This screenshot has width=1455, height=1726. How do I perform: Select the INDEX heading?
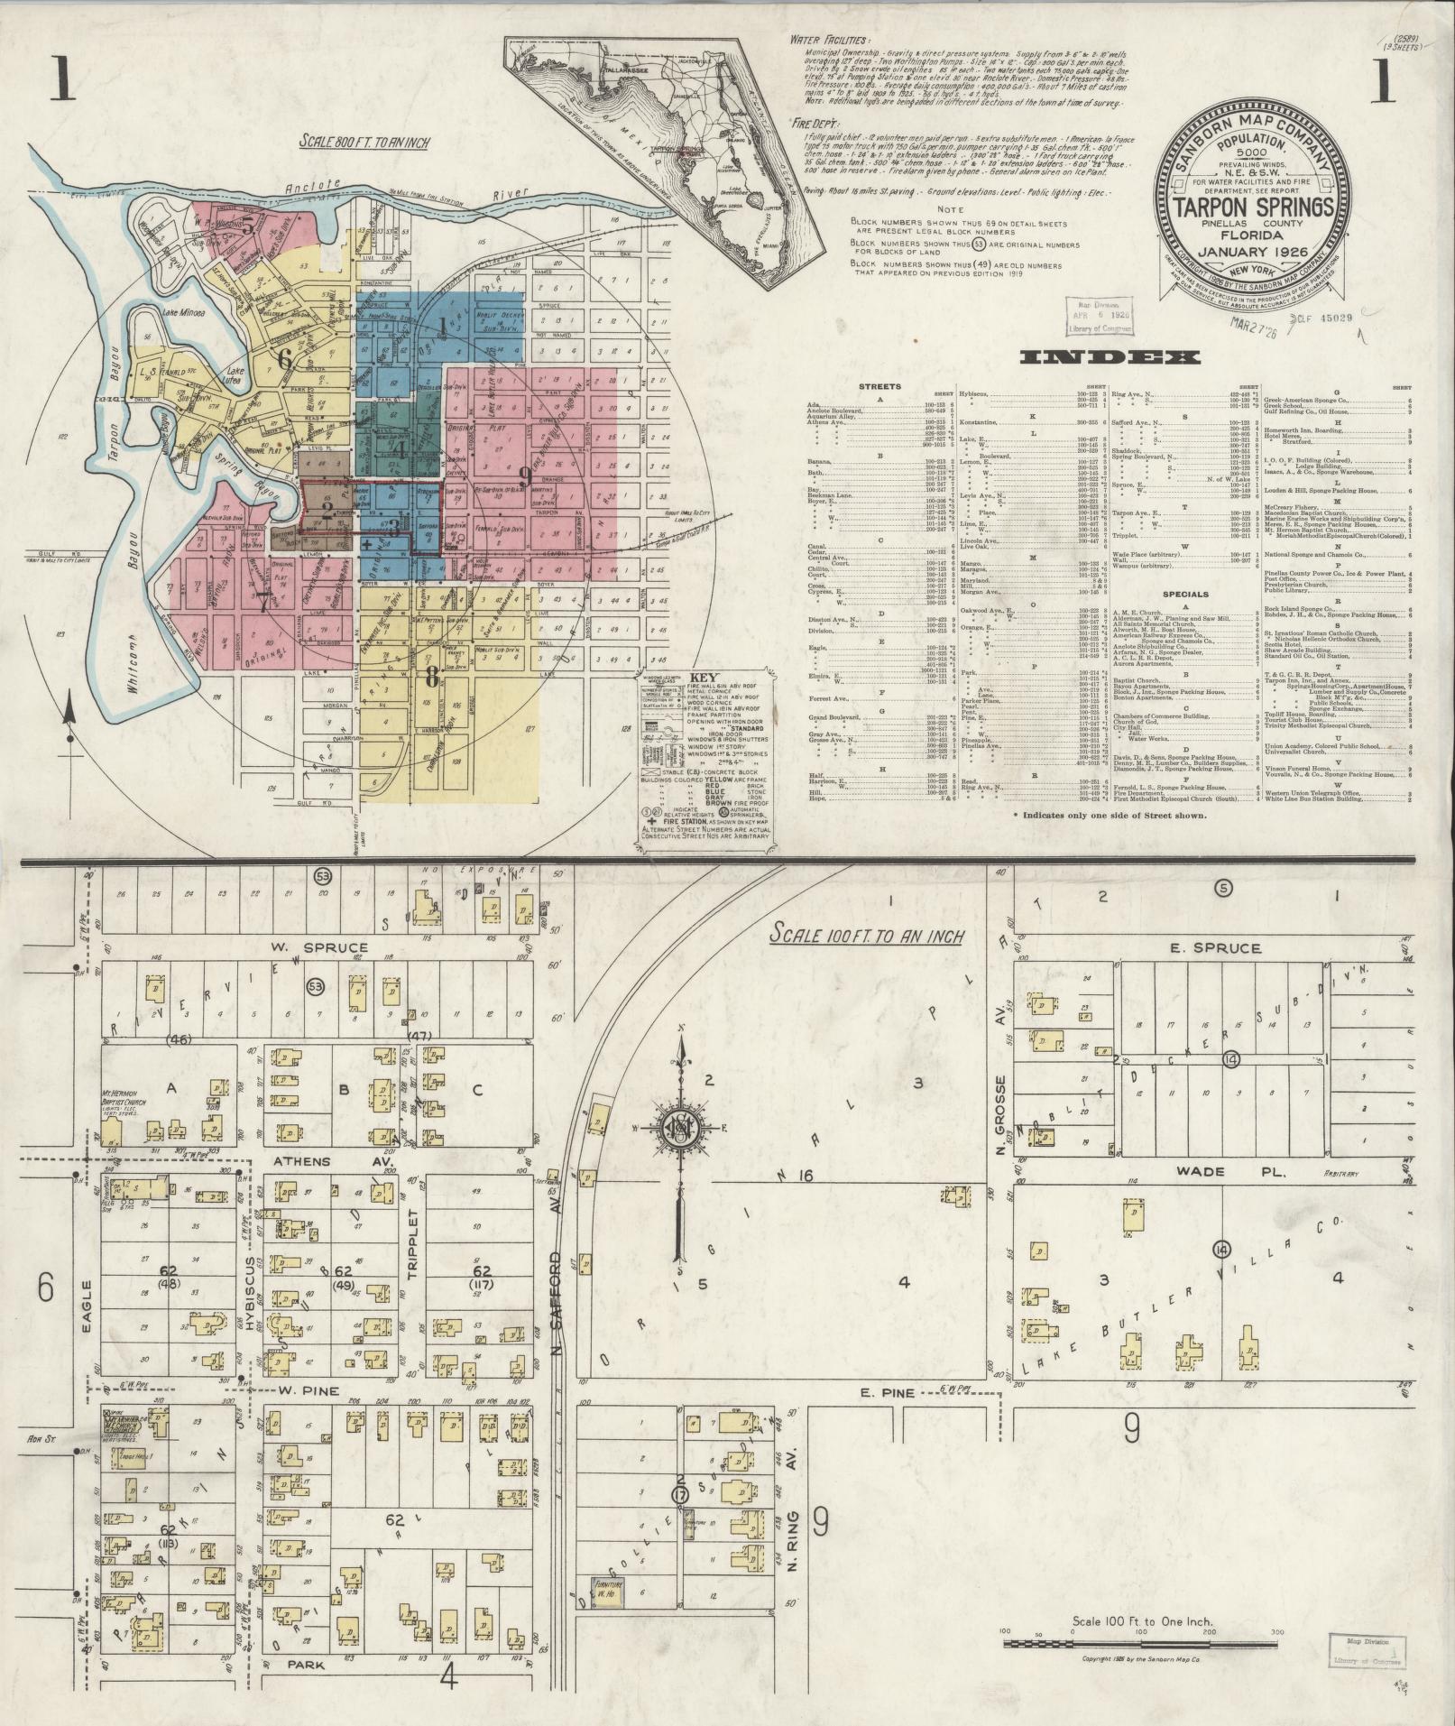pyautogui.click(x=1110, y=358)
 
